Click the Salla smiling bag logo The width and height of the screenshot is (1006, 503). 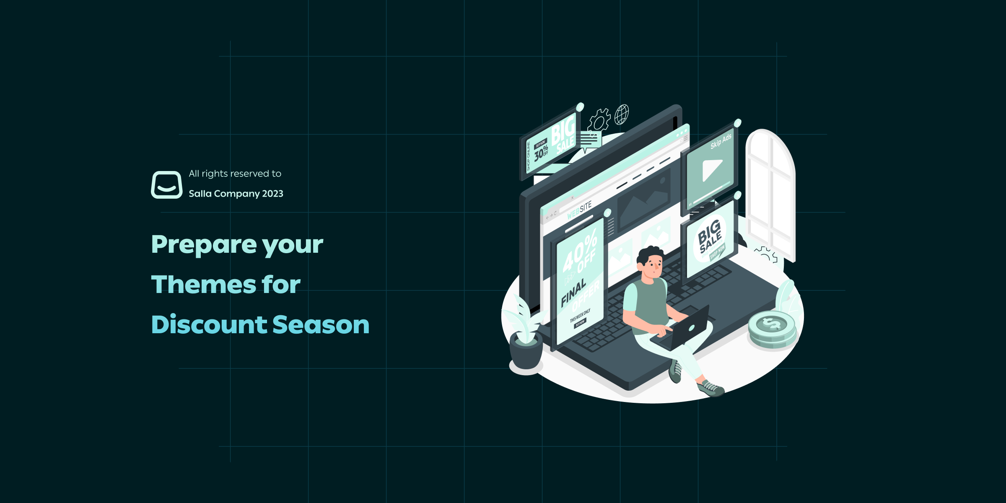(x=166, y=184)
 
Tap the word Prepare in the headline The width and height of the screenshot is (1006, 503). (x=204, y=245)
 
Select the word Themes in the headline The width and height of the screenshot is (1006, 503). (x=203, y=285)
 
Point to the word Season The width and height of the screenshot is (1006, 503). (x=321, y=325)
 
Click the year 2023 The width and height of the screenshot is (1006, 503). (x=272, y=194)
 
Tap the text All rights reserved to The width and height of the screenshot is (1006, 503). (x=235, y=174)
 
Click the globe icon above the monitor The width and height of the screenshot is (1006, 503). (x=622, y=114)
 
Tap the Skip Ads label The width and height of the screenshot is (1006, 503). (x=721, y=142)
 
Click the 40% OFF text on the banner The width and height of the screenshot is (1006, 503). (x=580, y=253)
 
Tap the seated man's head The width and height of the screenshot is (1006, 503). (x=651, y=262)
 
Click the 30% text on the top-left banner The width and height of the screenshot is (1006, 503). (x=541, y=153)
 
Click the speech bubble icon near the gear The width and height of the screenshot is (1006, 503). (x=591, y=140)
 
